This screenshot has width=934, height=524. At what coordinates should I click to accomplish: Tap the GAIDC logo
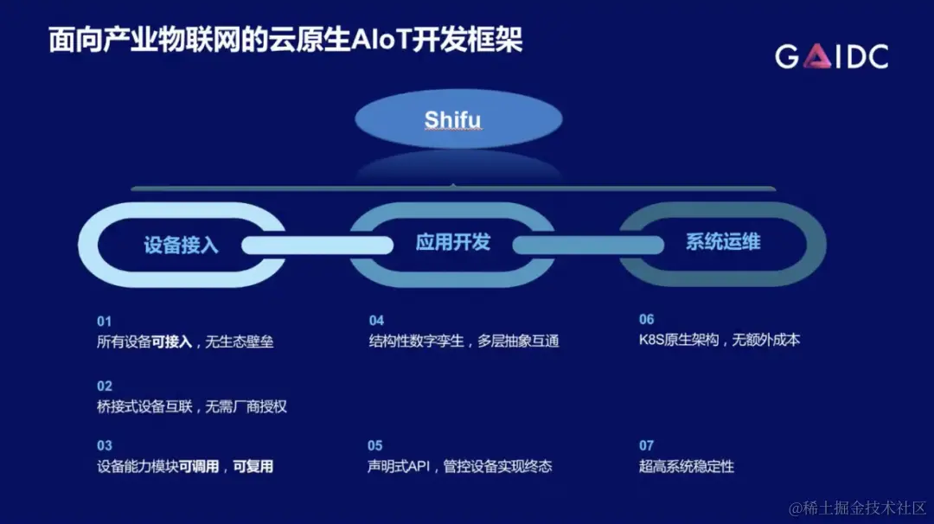pos(831,57)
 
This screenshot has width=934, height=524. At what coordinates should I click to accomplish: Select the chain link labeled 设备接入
pos(182,245)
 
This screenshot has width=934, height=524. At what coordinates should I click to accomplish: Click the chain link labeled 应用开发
pos(452,242)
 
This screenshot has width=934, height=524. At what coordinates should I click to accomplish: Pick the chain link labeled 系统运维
pos(723,241)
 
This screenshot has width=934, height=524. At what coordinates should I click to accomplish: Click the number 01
pos(105,321)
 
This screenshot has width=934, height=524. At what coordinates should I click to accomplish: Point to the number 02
pos(105,386)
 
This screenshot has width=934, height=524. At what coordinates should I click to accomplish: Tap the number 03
pos(105,446)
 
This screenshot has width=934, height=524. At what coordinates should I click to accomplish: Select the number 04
pos(376,321)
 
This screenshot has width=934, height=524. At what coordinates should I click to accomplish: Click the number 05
pos(375,446)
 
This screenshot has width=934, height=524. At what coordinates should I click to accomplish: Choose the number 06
pos(647,320)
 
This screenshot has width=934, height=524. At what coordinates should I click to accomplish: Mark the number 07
pos(647,446)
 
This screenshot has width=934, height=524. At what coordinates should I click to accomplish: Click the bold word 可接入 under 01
pos(171,342)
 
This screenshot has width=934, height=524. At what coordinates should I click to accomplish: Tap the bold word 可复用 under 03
pos(254,467)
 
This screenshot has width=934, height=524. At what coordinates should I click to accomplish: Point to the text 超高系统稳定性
pos(687,467)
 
